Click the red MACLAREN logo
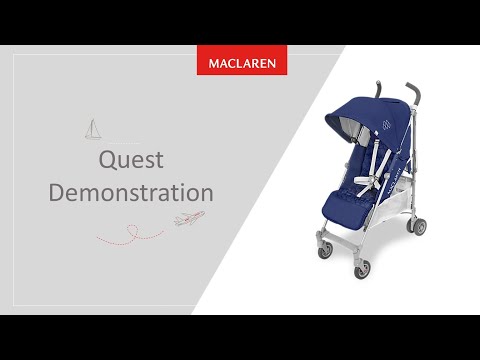pyautogui.click(x=243, y=61)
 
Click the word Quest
pyautogui.click(x=131, y=160)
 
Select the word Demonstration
pyautogui.click(x=131, y=191)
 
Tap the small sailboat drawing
pyautogui.click(x=93, y=129)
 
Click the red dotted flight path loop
pyautogui.click(x=130, y=234)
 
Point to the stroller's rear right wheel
pyautogui.click(x=418, y=227)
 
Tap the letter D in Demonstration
pyautogui.click(x=59, y=191)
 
